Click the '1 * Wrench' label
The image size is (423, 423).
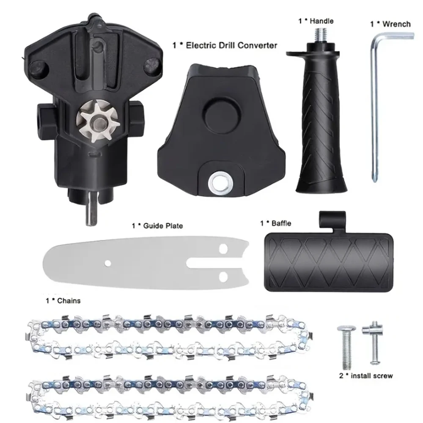[390, 24]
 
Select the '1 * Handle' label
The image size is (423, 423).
[316, 21]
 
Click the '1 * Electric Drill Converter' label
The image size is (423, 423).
[225, 44]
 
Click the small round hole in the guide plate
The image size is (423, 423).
[108, 264]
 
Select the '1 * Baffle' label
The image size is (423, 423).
[275, 223]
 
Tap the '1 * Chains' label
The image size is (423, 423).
[63, 301]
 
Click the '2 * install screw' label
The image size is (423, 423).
[365, 375]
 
